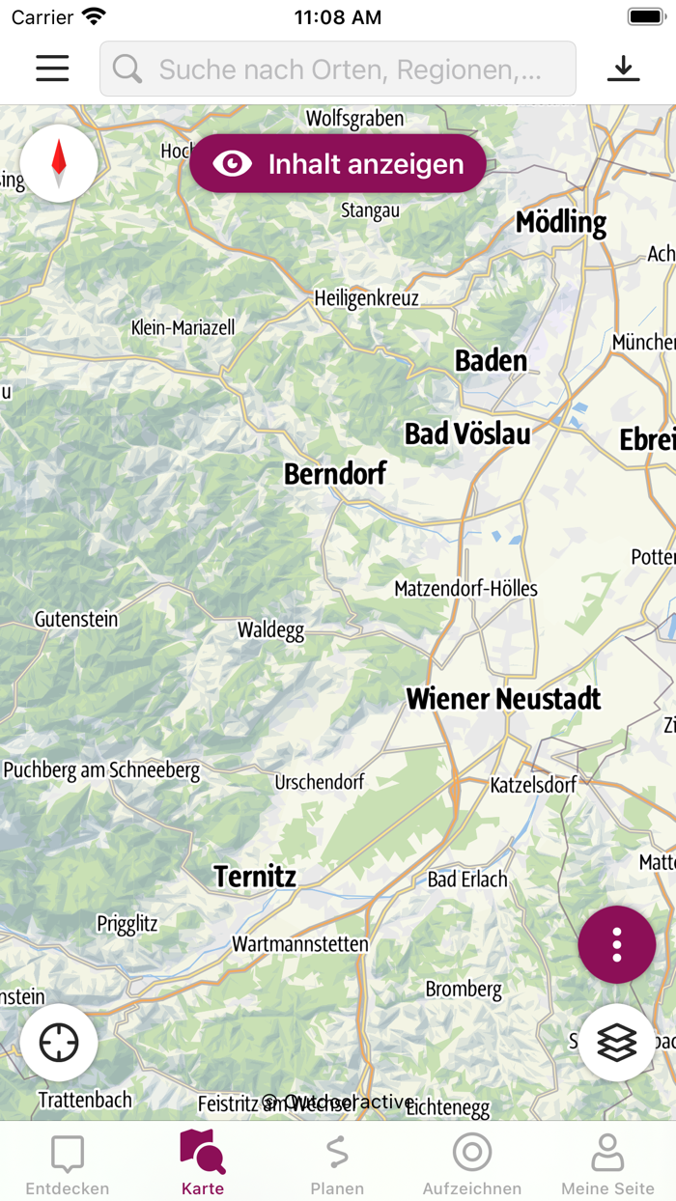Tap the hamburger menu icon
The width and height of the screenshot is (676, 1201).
pos(52,69)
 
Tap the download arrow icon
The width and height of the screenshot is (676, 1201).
pos(624,69)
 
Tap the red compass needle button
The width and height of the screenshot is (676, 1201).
pos(59,163)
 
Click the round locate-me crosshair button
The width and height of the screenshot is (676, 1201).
pos(59,1043)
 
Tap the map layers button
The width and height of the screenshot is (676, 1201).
pos(617,1043)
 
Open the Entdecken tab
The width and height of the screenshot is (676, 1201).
pos(68,1163)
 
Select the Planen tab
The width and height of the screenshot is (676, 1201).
pos(337,1163)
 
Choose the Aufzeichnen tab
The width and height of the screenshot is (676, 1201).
pos(472,1163)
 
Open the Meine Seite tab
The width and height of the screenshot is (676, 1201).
pos(607,1163)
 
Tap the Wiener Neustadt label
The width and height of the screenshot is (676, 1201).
pos(503,699)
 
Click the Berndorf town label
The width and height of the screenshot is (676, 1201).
pos(335,474)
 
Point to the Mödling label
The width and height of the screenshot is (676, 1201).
pos(561,223)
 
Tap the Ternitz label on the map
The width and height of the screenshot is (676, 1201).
pos(255,877)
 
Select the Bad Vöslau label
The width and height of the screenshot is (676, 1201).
pos(467,434)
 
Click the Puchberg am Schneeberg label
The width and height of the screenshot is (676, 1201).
pos(101,770)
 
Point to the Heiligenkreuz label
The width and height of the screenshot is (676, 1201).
pos(367,298)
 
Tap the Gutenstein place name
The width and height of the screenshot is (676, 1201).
pos(76,620)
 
